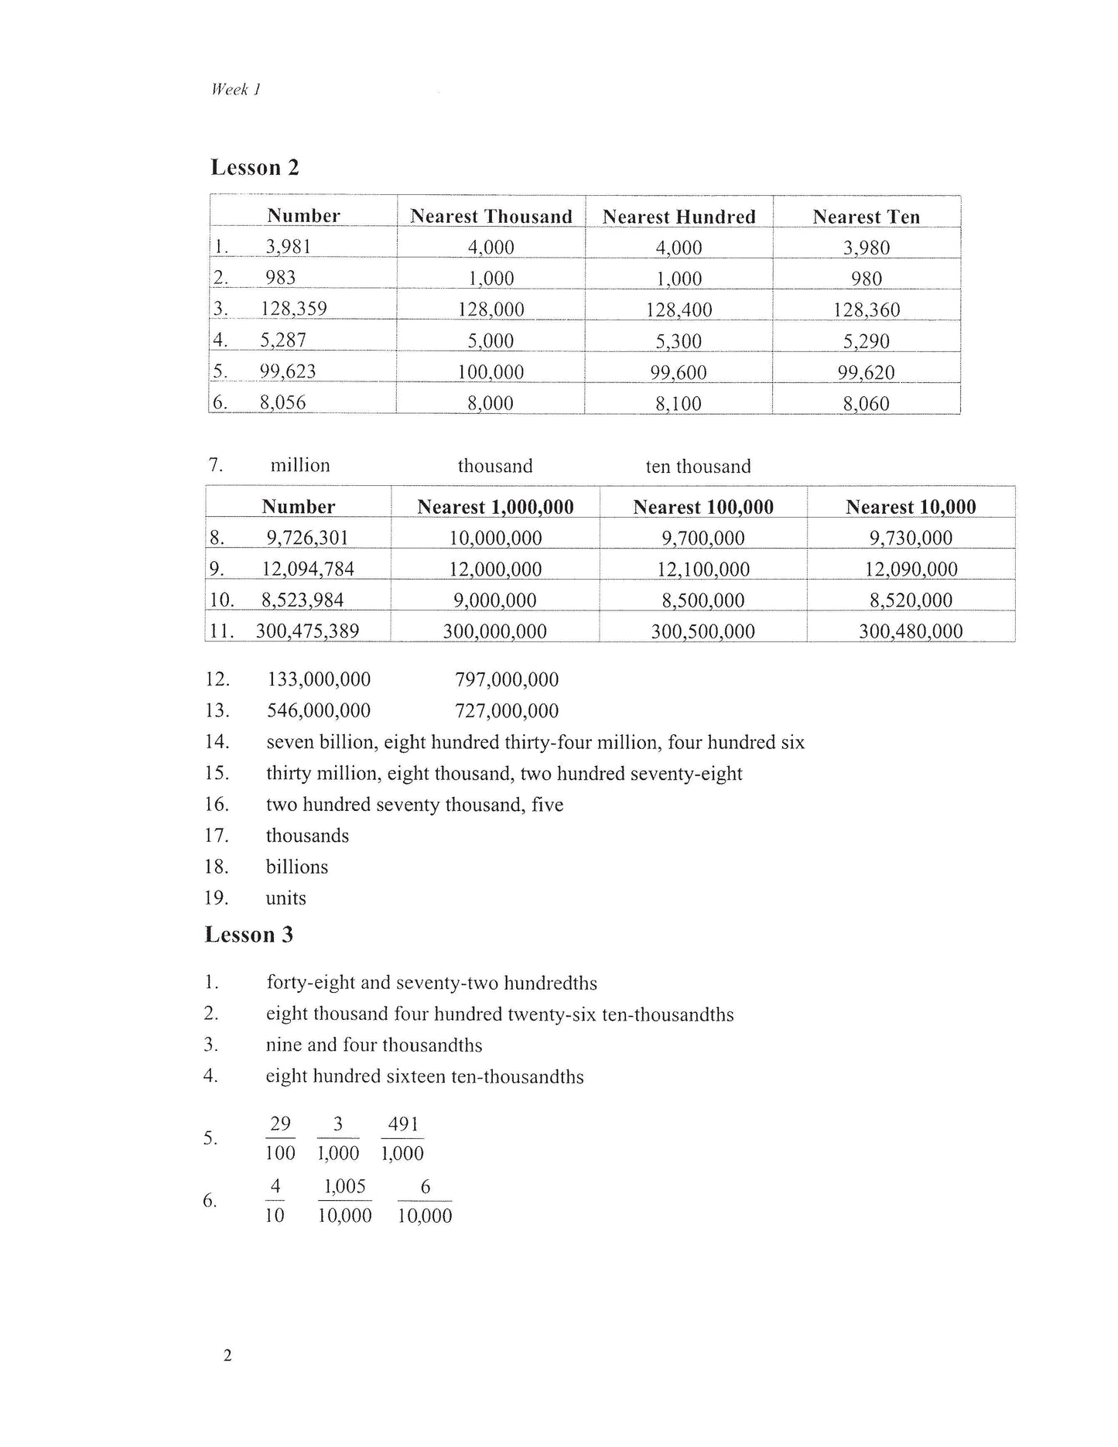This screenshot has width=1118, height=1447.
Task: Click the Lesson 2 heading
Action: (x=255, y=167)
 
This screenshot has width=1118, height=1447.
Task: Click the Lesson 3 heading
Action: (x=248, y=935)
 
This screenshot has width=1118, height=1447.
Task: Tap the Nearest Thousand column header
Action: (x=491, y=216)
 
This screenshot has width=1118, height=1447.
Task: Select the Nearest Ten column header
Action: (x=866, y=217)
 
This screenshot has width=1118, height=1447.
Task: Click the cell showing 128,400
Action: (x=679, y=310)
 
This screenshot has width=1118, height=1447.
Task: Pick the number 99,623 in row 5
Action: (x=288, y=371)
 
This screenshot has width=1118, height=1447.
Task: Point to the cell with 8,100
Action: (x=679, y=403)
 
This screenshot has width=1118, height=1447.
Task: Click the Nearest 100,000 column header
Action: (x=703, y=507)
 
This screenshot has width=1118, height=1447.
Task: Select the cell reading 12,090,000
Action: (x=911, y=569)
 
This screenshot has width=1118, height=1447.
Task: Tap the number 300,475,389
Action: (x=307, y=631)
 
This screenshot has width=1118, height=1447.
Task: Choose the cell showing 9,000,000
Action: (x=495, y=600)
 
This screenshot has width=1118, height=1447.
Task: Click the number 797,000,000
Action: (x=507, y=679)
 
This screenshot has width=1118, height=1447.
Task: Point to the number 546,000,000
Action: (x=319, y=710)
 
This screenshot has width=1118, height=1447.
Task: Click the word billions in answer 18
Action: (x=297, y=867)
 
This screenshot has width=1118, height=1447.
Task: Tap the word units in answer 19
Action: (x=285, y=898)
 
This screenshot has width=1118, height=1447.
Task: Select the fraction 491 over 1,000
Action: (x=402, y=1138)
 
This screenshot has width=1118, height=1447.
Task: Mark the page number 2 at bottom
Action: (x=227, y=1355)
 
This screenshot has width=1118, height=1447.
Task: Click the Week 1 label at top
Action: (x=235, y=90)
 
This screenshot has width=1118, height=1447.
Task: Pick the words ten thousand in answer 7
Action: (x=698, y=466)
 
